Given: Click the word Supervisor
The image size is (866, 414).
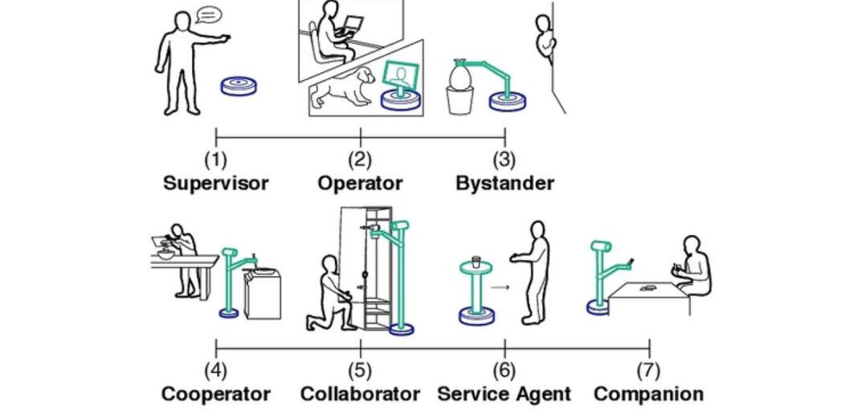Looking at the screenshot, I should tap(215, 183).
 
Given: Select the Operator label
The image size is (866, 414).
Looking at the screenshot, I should tap(360, 183).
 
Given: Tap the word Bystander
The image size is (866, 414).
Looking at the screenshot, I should tap(504, 183).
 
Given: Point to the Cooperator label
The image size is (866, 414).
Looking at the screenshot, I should tap(215, 394).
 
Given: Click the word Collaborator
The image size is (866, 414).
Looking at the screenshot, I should tap(360, 394).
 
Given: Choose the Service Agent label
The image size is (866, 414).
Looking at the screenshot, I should tap(504, 394).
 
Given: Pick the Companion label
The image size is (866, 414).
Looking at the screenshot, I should tap(649, 394).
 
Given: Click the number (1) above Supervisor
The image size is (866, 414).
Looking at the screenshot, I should tap(215, 160).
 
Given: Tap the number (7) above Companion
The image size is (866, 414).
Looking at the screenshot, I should tap(649, 371).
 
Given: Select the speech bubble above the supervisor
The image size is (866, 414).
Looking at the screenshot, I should tap(209, 14).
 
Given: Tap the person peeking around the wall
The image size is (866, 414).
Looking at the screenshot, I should tap(547, 40).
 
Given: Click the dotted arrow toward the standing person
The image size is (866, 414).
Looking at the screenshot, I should tap(500, 286).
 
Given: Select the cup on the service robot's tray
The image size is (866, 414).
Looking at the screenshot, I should tap(476, 261).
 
